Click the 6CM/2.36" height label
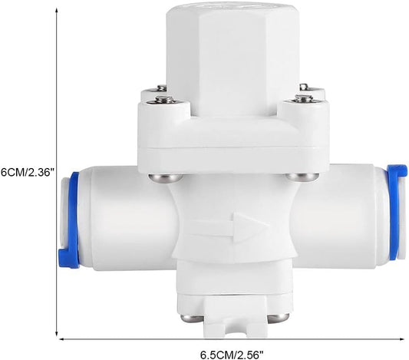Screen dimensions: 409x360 27,173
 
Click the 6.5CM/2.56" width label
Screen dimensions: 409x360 232,355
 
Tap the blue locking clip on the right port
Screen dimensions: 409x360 396,212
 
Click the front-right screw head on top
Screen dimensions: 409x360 303,98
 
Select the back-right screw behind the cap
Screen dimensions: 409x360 304,88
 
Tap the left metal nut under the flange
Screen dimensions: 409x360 166,178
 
